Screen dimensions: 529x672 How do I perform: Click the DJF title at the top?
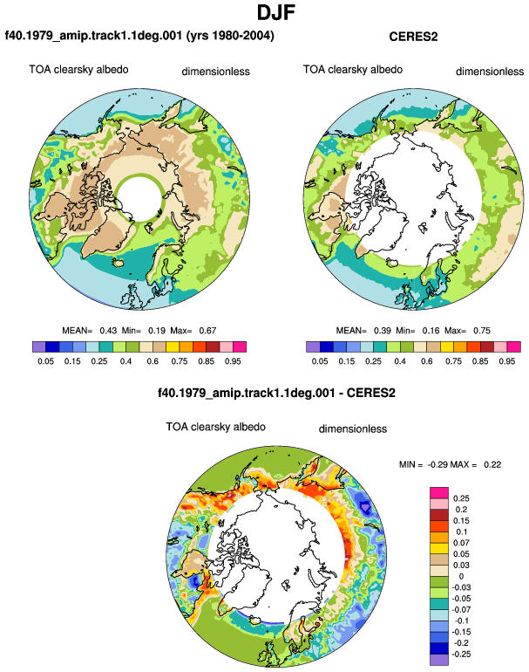(x=276, y=12)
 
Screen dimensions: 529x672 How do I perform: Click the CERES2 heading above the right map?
(x=413, y=37)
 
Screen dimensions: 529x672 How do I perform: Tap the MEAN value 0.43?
(x=108, y=331)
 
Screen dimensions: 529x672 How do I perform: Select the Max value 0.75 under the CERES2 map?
(x=482, y=331)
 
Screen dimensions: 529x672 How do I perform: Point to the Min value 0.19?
(x=157, y=331)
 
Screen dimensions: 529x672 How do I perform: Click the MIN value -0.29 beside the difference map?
(x=437, y=464)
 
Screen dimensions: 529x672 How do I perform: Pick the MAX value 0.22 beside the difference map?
(x=492, y=464)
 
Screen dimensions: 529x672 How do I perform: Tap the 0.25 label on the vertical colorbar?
(x=461, y=498)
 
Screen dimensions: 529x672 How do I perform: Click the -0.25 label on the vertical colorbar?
(x=461, y=654)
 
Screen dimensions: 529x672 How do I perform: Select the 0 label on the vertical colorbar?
(x=461, y=576)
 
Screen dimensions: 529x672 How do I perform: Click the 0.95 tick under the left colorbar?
(x=233, y=361)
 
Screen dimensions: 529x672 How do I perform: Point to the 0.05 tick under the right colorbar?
(x=320, y=361)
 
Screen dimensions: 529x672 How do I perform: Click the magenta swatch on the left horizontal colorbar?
(x=240, y=346)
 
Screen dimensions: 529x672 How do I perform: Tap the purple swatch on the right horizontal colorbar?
(x=313, y=346)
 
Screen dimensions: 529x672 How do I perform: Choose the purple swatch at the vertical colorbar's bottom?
(x=439, y=660)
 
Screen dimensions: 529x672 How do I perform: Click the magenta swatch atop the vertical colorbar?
(x=439, y=493)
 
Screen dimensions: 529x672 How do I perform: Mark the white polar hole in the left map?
(x=139, y=199)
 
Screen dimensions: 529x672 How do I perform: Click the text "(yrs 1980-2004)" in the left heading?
(x=230, y=36)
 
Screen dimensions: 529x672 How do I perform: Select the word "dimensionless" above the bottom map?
(x=353, y=429)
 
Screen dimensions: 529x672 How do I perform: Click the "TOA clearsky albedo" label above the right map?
(x=353, y=70)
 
